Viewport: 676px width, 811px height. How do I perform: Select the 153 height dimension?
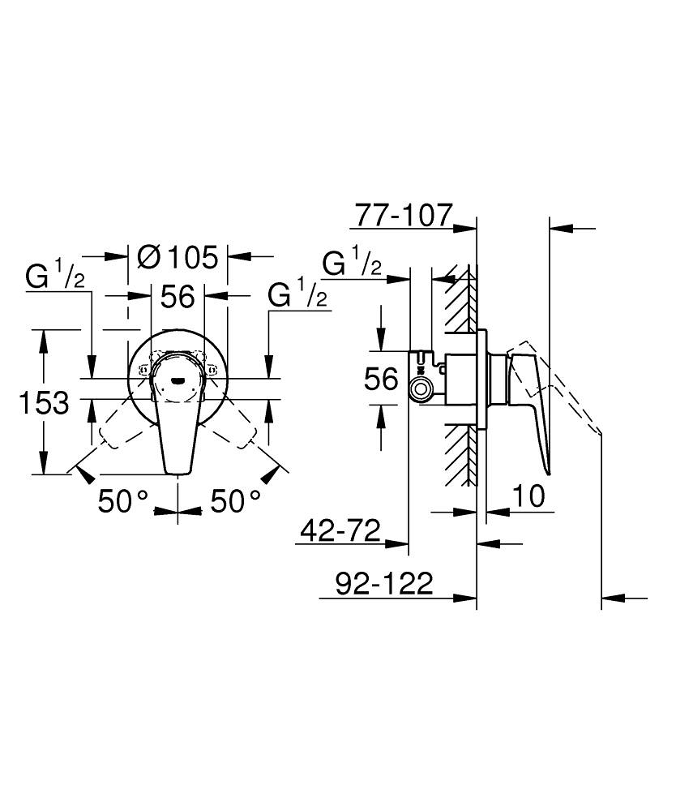pyautogui.click(x=45, y=401)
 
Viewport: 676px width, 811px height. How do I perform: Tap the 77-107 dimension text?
pyautogui.click(x=403, y=215)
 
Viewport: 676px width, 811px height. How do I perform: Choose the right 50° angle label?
pyautogui.click(x=236, y=501)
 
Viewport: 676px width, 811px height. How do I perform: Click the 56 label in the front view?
pyautogui.click(x=177, y=297)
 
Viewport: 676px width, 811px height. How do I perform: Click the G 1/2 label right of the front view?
pyautogui.click(x=297, y=297)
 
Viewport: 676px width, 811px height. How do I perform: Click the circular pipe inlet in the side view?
pyautogui.click(x=421, y=389)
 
